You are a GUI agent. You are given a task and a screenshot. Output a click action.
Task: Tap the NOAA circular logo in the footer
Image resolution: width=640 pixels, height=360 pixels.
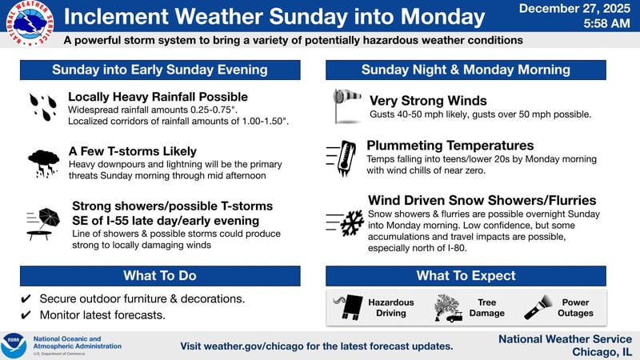[x=14, y=345]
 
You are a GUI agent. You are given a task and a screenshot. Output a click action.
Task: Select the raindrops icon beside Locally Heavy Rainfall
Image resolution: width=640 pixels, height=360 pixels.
[x=42, y=107]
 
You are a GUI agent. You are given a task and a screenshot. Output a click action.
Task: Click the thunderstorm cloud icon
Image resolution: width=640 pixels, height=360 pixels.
[x=42, y=162]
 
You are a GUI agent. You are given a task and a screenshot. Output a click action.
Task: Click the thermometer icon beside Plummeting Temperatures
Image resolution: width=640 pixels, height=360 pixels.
[x=344, y=158]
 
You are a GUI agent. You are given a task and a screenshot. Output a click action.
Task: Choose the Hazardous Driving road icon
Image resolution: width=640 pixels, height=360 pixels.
[x=348, y=307]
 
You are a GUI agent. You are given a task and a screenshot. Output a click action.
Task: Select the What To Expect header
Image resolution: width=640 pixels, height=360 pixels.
[x=466, y=276]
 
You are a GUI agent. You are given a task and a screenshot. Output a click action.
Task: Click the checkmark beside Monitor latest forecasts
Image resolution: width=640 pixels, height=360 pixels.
[x=26, y=315]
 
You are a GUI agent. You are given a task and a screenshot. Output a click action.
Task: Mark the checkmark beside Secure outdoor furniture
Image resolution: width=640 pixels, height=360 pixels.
[x=26, y=298]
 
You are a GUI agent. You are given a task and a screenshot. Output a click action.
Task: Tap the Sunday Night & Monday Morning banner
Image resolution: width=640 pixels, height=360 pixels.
[x=466, y=70]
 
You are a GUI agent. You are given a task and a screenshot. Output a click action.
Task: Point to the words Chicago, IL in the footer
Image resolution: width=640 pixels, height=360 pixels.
[x=601, y=352]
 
